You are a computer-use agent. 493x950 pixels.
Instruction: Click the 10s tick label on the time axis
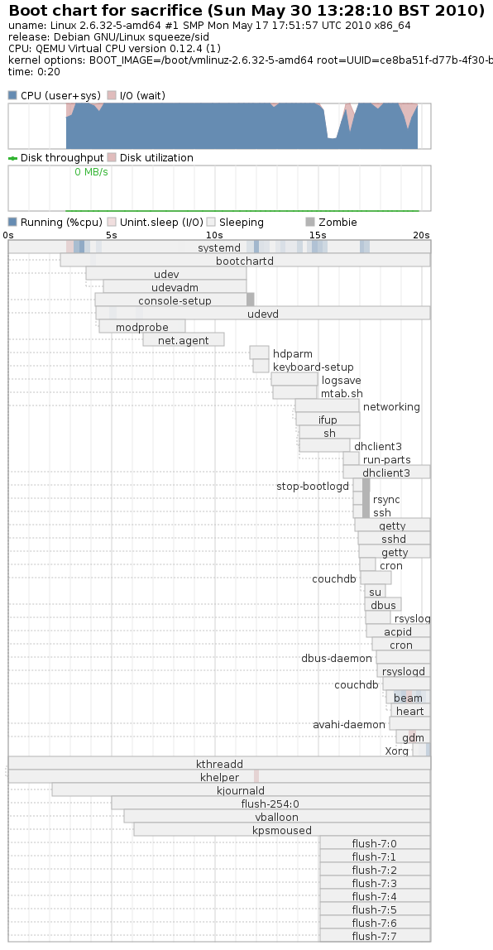tap(214, 235)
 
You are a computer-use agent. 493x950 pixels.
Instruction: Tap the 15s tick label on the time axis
tap(318, 235)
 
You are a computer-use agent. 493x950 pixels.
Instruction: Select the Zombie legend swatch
tap(310, 222)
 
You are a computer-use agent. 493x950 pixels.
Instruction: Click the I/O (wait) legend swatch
tap(112, 95)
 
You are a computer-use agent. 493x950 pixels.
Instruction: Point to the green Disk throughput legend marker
tap(12, 158)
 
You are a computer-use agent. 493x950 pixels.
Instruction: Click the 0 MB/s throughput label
tap(92, 172)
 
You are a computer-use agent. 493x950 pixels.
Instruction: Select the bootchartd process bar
tap(246, 261)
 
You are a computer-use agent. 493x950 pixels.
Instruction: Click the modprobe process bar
tap(142, 327)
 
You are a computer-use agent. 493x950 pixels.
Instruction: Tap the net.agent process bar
tap(184, 340)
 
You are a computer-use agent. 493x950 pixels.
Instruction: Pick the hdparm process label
tap(293, 354)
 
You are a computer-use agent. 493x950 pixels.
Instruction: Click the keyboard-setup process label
tap(314, 367)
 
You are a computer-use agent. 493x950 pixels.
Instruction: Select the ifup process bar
tap(328, 420)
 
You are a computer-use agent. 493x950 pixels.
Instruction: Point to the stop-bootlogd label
tap(313, 486)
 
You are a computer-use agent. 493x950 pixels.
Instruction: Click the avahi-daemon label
tap(349, 725)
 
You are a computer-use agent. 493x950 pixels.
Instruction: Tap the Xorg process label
tap(397, 751)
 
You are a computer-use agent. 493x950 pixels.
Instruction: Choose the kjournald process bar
tap(241, 790)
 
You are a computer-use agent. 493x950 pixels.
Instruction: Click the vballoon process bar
tap(277, 818)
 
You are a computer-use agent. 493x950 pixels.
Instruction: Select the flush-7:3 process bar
tap(375, 883)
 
